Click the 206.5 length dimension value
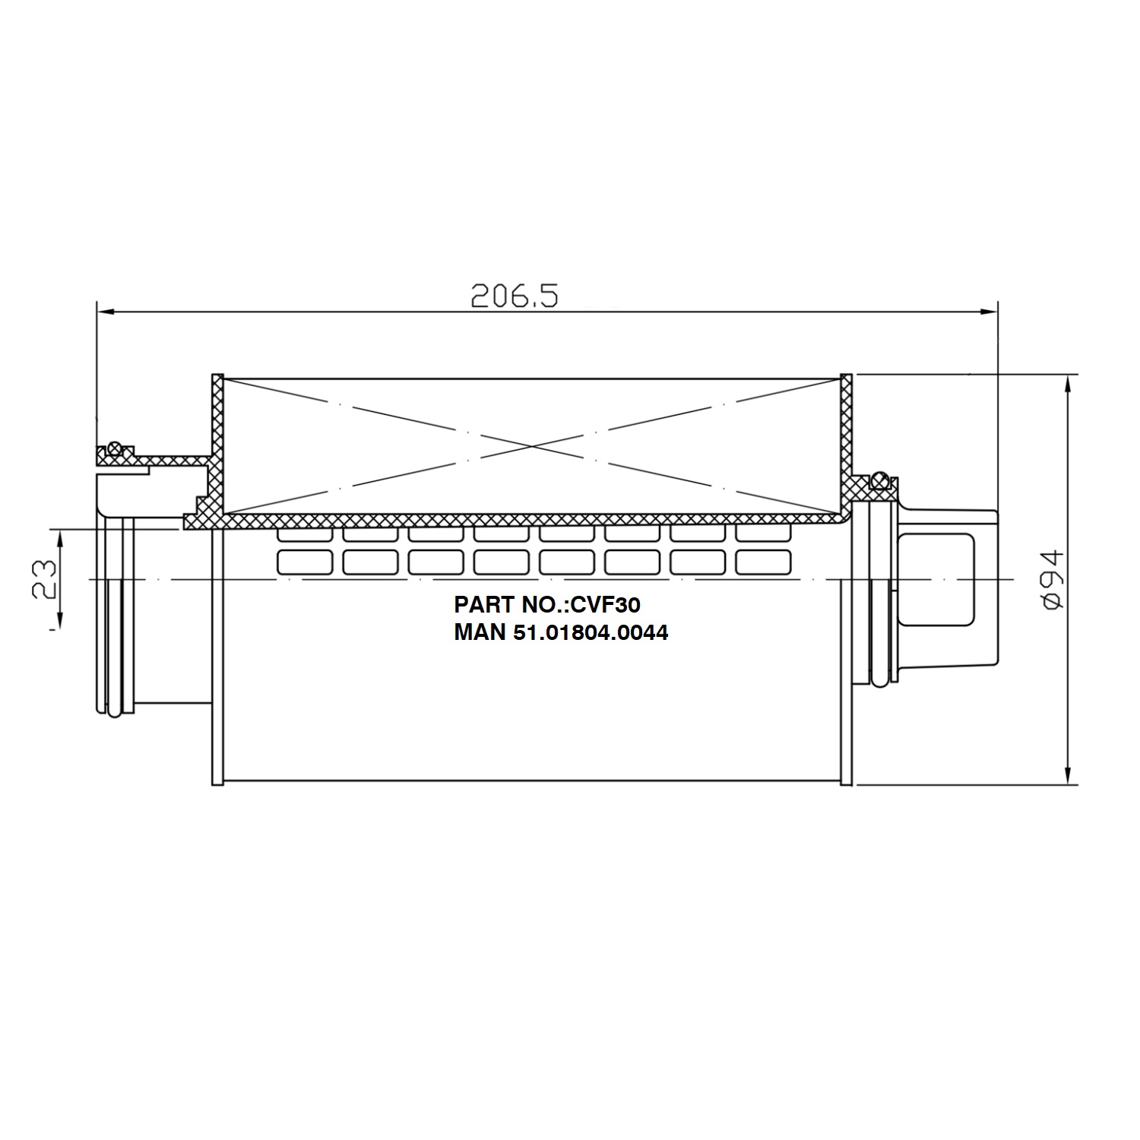515,296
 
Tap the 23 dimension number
44,580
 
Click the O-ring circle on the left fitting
115,448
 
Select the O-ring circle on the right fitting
880,480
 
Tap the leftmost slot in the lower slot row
305,562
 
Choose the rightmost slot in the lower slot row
763,562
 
